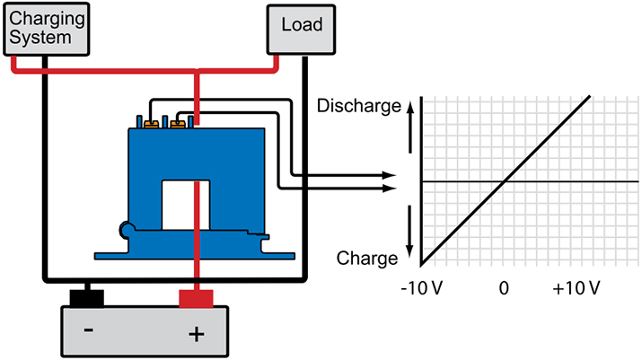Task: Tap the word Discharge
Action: coord(359,107)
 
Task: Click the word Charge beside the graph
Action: coord(366,259)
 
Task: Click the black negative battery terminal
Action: coord(87,297)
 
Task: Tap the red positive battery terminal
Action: coord(196,297)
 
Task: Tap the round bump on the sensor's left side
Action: coord(126,233)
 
